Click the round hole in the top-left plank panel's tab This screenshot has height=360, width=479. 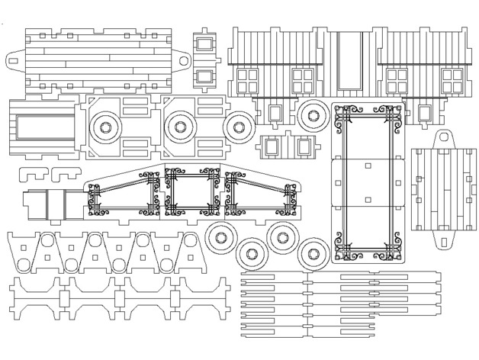coord(184,59)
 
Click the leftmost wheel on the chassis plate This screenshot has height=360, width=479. coord(104,125)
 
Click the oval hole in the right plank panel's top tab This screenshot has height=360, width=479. coord(445,139)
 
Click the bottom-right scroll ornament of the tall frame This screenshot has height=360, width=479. coord(391,249)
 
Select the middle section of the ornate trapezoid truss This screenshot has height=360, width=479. coord(197,194)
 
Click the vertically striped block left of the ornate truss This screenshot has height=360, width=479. coord(35,203)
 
